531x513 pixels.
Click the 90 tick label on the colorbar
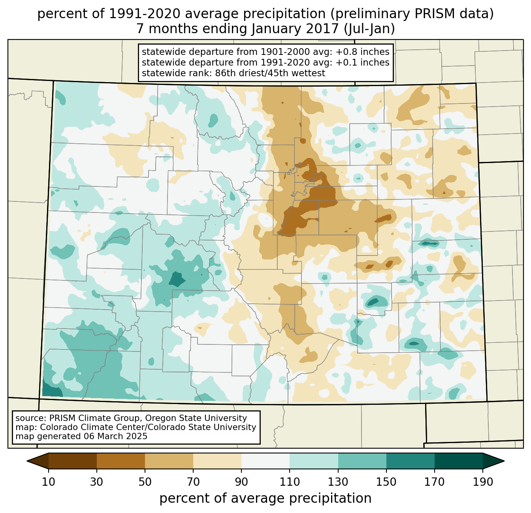coord(241,482)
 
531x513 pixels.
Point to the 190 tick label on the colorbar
coord(483,482)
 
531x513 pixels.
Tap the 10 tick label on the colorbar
coord(49,482)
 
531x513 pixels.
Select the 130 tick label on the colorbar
coord(338,482)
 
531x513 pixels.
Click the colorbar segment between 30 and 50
coord(121,461)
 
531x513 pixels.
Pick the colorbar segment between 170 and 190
coord(459,461)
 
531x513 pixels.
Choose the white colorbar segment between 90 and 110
coord(265,461)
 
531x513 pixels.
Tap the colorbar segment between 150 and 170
coord(410,461)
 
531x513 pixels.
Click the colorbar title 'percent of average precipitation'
coord(265,498)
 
